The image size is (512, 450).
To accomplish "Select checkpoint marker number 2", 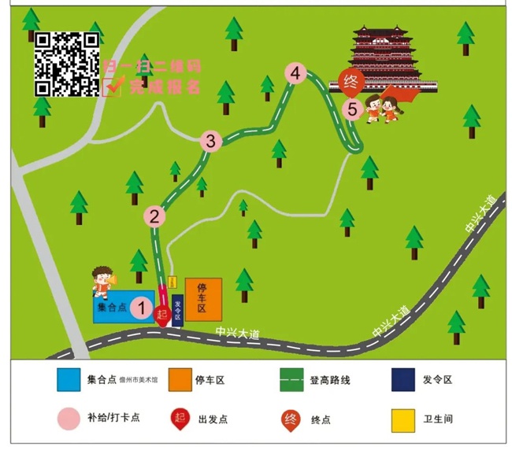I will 155,216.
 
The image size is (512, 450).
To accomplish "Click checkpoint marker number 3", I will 210,142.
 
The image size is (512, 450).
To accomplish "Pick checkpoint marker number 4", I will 295,74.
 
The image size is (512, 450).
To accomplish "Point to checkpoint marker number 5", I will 352,109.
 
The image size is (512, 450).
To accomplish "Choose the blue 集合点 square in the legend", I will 69,380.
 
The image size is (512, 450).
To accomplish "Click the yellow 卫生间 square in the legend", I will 403,419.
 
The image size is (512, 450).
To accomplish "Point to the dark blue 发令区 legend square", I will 403,380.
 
